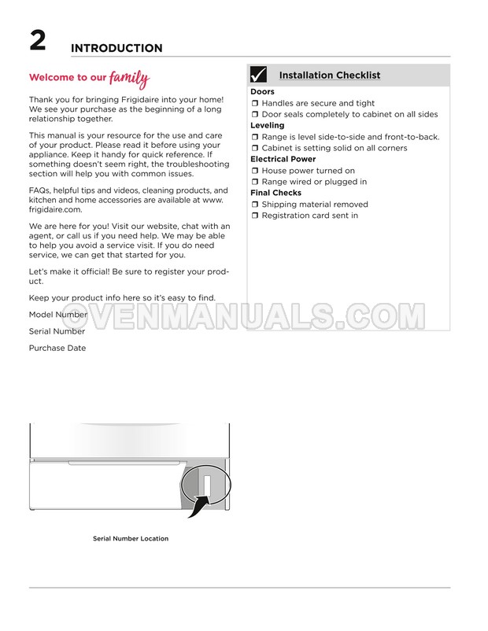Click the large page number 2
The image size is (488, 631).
coord(38,40)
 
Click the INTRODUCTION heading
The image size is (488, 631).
coord(116,48)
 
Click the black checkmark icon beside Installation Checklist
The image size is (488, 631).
coord(258,75)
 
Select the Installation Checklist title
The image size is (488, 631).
coord(329,76)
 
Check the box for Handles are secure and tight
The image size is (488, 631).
coord(255,103)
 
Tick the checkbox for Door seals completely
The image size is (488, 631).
coord(255,114)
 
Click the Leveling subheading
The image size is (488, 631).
coord(268,126)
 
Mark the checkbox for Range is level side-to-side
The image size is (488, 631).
coord(255,137)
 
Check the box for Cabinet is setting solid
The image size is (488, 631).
coord(255,148)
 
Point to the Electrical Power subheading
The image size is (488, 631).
coord(283,159)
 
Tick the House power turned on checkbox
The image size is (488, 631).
coord(255,171)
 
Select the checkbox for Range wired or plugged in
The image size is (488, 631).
coord(255,182)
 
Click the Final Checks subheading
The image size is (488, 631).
coord(275,193)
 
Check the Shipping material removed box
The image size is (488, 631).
coord(255,205)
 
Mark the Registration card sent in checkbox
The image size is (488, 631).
coord(255,216)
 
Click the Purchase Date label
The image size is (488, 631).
coord(57,348)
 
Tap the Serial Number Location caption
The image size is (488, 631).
coord(131,539)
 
